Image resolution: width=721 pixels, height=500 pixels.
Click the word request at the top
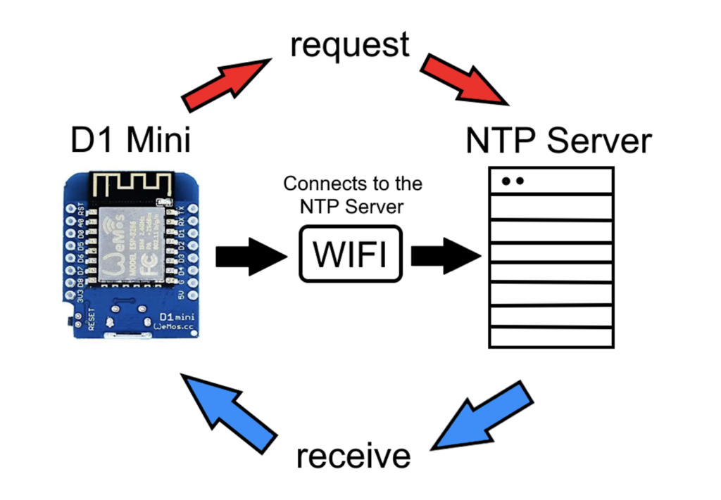click(x=349, y=45)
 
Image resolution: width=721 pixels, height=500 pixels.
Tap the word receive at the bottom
click(x=353, y=456)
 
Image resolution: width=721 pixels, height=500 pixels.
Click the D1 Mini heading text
click(x=131, y=140)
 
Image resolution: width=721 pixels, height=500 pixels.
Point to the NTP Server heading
click(x=558, y=141)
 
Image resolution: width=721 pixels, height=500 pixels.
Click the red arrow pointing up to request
click(x=224, y=83)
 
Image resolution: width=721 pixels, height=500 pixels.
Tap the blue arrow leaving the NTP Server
click(x=486, y=415)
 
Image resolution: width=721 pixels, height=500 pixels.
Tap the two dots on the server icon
click(x=513, y=181)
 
